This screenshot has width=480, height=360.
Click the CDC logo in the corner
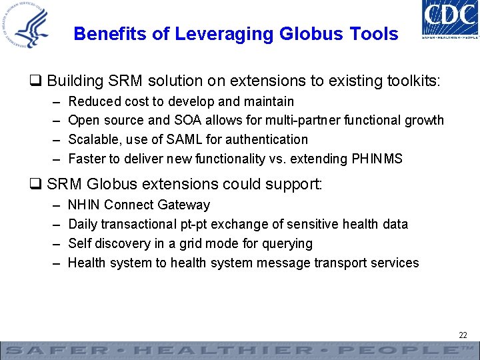[x=451, y=20]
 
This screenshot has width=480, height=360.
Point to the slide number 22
[x=463, y=335]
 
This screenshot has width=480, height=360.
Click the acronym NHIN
[x=85, y=205]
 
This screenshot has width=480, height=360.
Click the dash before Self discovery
[x=55, y=243]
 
